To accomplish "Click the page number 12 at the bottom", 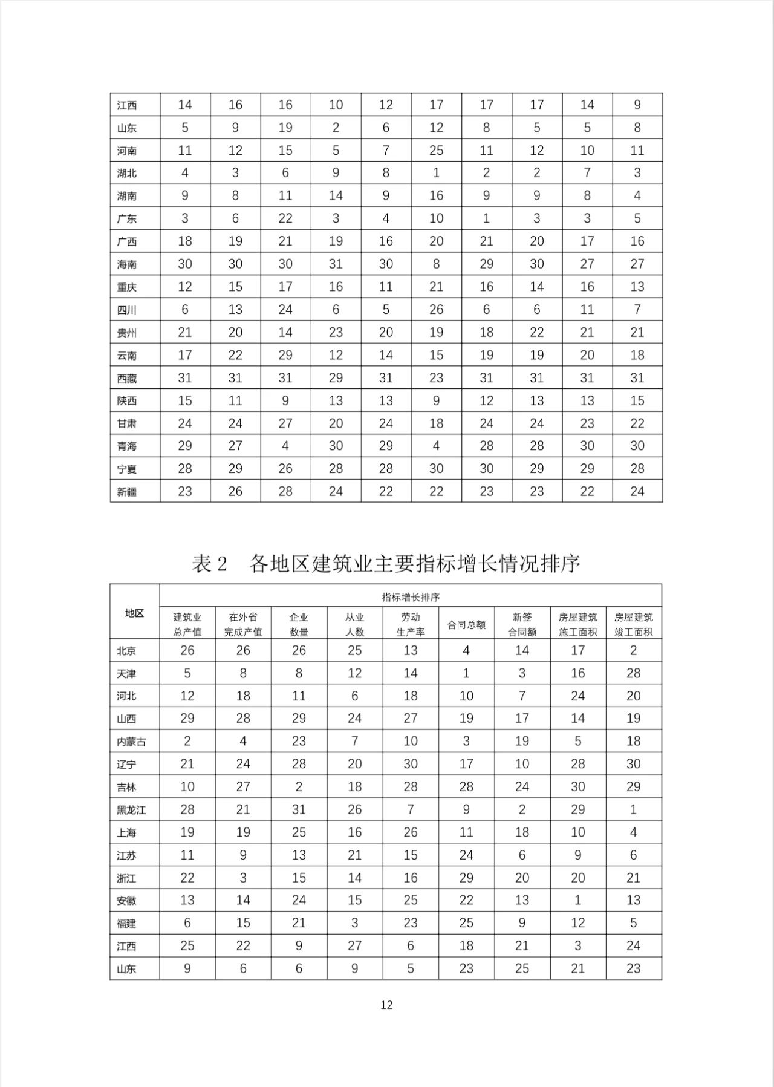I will coord(386,1005).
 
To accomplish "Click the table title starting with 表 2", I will coord(386,563).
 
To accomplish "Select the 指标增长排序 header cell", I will coord(411,597).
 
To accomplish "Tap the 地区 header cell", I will coord(134,613).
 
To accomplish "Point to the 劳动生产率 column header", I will coord(411,624).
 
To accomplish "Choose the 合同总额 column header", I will coord(466,624).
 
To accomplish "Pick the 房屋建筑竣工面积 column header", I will coord(633,624).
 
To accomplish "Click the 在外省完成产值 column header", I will coord(243,624).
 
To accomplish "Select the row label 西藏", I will coord(127,378).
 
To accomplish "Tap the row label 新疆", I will coord(127,492).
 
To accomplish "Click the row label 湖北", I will coord(127,173).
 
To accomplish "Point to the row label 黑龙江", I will coord(131,810).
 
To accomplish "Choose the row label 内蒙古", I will coord(131,742).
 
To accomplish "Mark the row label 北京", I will coord(126,651).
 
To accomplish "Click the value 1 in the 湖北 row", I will coord(436,173).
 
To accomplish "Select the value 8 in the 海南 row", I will coord(436,264).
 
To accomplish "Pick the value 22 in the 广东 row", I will coord(285,218).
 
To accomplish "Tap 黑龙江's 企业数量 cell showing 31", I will coord(299,809).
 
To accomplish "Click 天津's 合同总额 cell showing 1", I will coord(466,673).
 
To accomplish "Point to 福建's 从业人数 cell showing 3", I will coord(354,923).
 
